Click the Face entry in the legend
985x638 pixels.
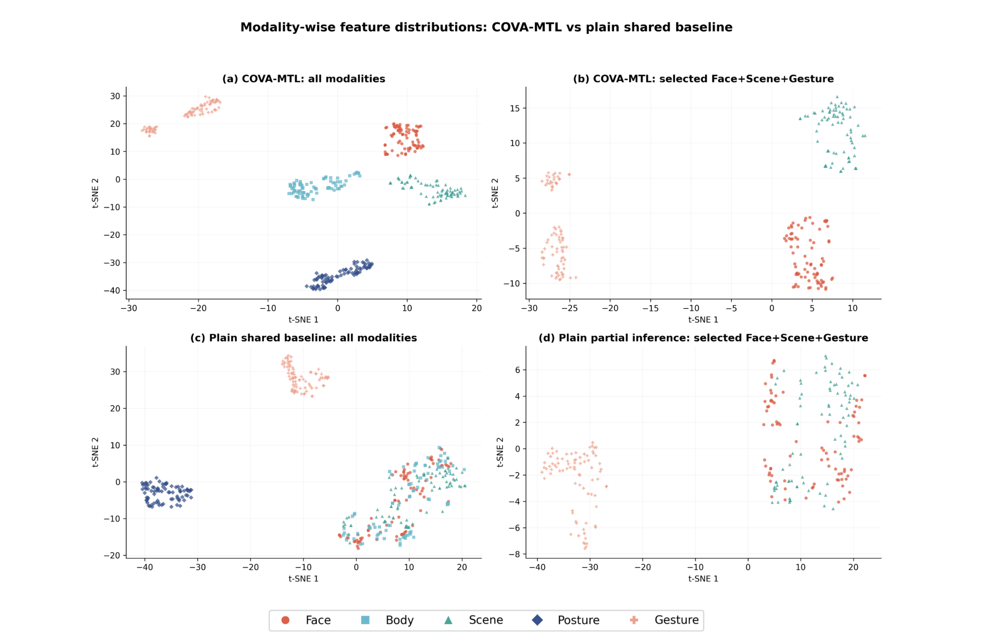pos(306,620)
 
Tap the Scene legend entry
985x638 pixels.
pos(473,620)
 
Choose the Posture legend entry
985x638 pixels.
pos(566,620)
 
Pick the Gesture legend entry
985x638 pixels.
pos(664,620)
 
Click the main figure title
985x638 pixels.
pos(486,27)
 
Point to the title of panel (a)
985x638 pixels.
pos(304,79)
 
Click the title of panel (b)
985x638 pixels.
pos(703,79)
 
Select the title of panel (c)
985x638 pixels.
pos(304,338)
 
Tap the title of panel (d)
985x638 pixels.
pos(703,338)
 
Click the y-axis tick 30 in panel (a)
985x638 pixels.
pos(115,96)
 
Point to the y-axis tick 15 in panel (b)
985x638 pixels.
pos(515,108)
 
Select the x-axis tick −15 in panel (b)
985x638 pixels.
pos(650,308)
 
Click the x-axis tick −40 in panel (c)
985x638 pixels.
pos(144,567)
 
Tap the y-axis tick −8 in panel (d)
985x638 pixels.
pos(514,554)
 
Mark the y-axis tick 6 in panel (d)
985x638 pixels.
pos(518,370)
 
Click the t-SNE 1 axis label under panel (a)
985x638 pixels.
pos(304,320)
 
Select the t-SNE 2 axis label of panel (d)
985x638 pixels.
pos(500,452)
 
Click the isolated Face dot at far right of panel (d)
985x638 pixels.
pos(865,375)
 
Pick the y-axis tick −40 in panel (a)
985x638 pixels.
pos(112,291)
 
